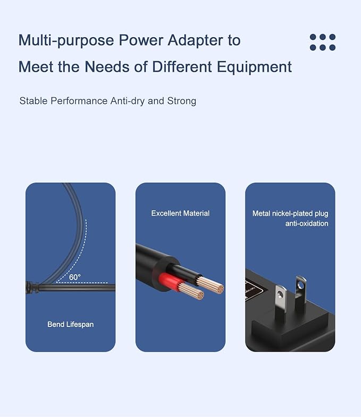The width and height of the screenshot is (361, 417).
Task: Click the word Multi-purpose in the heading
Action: coord(66,40)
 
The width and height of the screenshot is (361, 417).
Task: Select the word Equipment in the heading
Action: coord(254,67)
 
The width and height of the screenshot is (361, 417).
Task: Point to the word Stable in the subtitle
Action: coord(33,101)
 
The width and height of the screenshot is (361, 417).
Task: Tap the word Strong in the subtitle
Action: coord(181,101)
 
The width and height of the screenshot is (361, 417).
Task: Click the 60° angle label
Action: coord(74,277)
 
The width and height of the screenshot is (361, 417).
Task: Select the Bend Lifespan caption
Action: coord(70,324)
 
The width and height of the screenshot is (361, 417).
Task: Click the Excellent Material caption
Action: coord(180,213)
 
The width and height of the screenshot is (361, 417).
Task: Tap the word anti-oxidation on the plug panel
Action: coord(307,223)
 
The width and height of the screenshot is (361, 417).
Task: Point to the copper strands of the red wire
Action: coord(191,291)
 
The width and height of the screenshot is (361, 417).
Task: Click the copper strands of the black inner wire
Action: coord(211,285)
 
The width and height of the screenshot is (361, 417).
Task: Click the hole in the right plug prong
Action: coord(301,285)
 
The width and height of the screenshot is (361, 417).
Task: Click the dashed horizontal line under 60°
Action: coord(82,282)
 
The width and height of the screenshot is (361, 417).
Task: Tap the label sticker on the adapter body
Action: coord(253,289)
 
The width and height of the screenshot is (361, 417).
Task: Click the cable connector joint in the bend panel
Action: coord(32,288)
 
